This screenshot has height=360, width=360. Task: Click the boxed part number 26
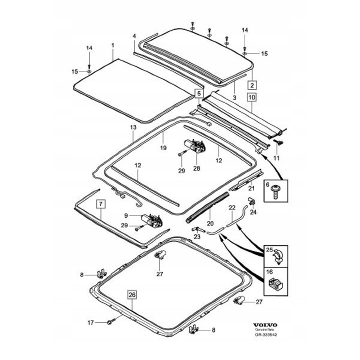tap(131, 295)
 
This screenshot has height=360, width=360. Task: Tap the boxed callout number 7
tap(100, 204)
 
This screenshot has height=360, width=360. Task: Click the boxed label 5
tap(198, 93)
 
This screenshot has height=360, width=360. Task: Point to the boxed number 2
tap(252, 84)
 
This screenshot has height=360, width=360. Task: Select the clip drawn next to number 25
tap(276, 257)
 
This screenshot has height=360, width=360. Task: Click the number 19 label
tap(162, 148)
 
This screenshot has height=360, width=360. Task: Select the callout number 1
tap(113, 45)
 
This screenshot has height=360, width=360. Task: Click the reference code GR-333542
tap(265, 334)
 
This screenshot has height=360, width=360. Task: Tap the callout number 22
tap(231, 207)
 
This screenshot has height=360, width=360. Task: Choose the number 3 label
tap(234, 92)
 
